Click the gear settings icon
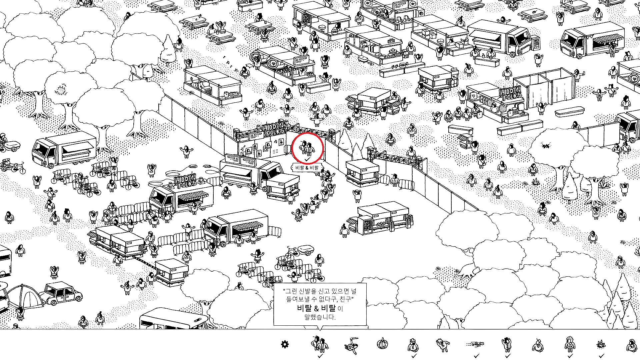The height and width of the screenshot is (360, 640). pyautogui.click(x=285, y=344)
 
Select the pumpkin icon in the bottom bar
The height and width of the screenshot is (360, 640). pyautogui.click(x=382, y=343)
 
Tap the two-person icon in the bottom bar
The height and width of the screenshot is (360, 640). pyautogui.click(x=320, y=344)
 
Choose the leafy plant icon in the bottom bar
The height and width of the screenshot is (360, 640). pyautogui.click(x=601, y=344)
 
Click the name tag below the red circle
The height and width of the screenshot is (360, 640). pyautogui.click(x=307, y=168)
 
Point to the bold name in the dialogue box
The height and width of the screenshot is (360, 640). pyautogui.click(x=316, y=308)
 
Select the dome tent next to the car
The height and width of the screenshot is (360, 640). pyautogui.click(x=25, y=297)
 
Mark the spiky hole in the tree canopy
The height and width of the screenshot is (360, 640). pyautogui.click(x=61, y=90)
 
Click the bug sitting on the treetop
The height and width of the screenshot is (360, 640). pyautogui.click(x=546, y=145)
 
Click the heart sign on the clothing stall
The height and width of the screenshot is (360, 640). pyautogui.click(x=473, y=96)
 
